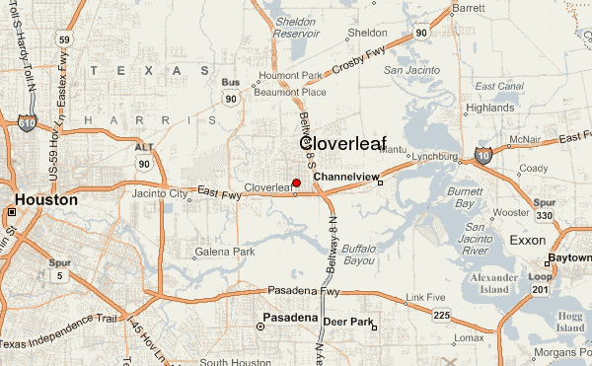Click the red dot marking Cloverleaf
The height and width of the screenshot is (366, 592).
(296, 183)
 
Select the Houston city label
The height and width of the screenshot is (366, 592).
(45, 200)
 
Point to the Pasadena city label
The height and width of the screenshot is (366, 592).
(289, 319)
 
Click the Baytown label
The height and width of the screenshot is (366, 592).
(569, 256)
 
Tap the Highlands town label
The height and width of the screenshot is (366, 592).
(489, 108)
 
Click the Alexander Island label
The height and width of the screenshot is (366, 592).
(493, 284)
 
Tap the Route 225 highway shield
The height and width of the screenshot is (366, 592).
(441, 314)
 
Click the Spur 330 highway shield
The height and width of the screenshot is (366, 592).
(545, 216)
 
